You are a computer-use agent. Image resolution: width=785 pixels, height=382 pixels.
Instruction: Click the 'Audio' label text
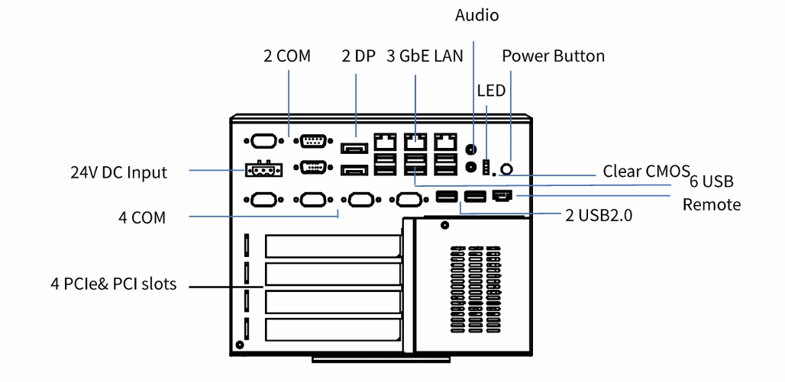[476, 15]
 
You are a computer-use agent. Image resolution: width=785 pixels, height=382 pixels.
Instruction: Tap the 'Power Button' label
[553, 56]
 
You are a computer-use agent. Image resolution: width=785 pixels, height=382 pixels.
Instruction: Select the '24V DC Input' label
[118, 172]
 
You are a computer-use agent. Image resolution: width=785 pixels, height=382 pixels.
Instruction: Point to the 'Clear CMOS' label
[646, 171]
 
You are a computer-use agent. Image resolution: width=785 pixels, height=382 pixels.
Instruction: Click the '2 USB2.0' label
[599, 215]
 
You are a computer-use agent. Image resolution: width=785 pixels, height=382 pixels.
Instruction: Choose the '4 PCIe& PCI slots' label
[114, 284]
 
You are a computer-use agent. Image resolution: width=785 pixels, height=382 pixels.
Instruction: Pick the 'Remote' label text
[712, 204]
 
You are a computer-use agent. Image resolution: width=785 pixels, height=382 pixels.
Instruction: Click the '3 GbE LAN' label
[425, 56]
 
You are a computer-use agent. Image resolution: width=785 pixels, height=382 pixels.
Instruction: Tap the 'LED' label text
[491, 91]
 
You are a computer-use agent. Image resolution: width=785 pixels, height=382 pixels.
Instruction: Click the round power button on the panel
[506, 169]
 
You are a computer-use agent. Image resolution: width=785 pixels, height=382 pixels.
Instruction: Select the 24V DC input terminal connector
[263, 169]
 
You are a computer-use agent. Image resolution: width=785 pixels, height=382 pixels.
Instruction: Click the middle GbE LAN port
[415, 142]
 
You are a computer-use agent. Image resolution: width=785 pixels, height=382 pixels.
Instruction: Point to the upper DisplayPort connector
[354, 149]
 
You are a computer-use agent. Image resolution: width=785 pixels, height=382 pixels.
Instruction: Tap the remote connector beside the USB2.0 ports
[502, 197]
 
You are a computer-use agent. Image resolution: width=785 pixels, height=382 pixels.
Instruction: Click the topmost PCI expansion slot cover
[333, 246]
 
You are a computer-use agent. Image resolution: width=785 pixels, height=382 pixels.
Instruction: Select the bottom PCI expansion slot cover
[333, 330]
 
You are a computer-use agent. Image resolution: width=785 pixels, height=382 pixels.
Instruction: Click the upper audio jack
[470, 149]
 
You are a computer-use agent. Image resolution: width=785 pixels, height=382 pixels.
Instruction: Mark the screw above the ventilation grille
[444, 226]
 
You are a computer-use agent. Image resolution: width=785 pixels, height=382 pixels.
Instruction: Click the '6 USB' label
[712, 182]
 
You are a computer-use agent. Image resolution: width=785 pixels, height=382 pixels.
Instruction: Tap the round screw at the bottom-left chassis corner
[239, 345]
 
